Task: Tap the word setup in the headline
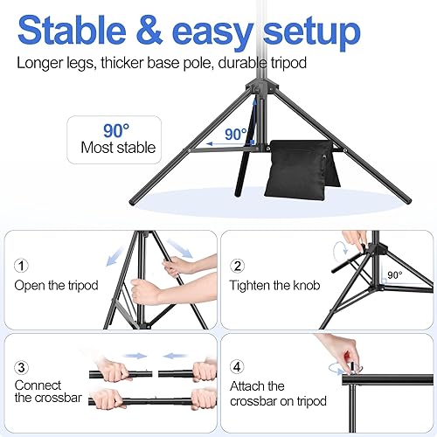(302, 31)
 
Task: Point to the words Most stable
(118, 148)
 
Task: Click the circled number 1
(22, 266)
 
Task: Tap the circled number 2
(238, 266)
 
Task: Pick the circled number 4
(238, 367)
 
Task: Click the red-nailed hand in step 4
(336, 350)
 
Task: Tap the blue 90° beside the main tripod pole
(233, 135)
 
